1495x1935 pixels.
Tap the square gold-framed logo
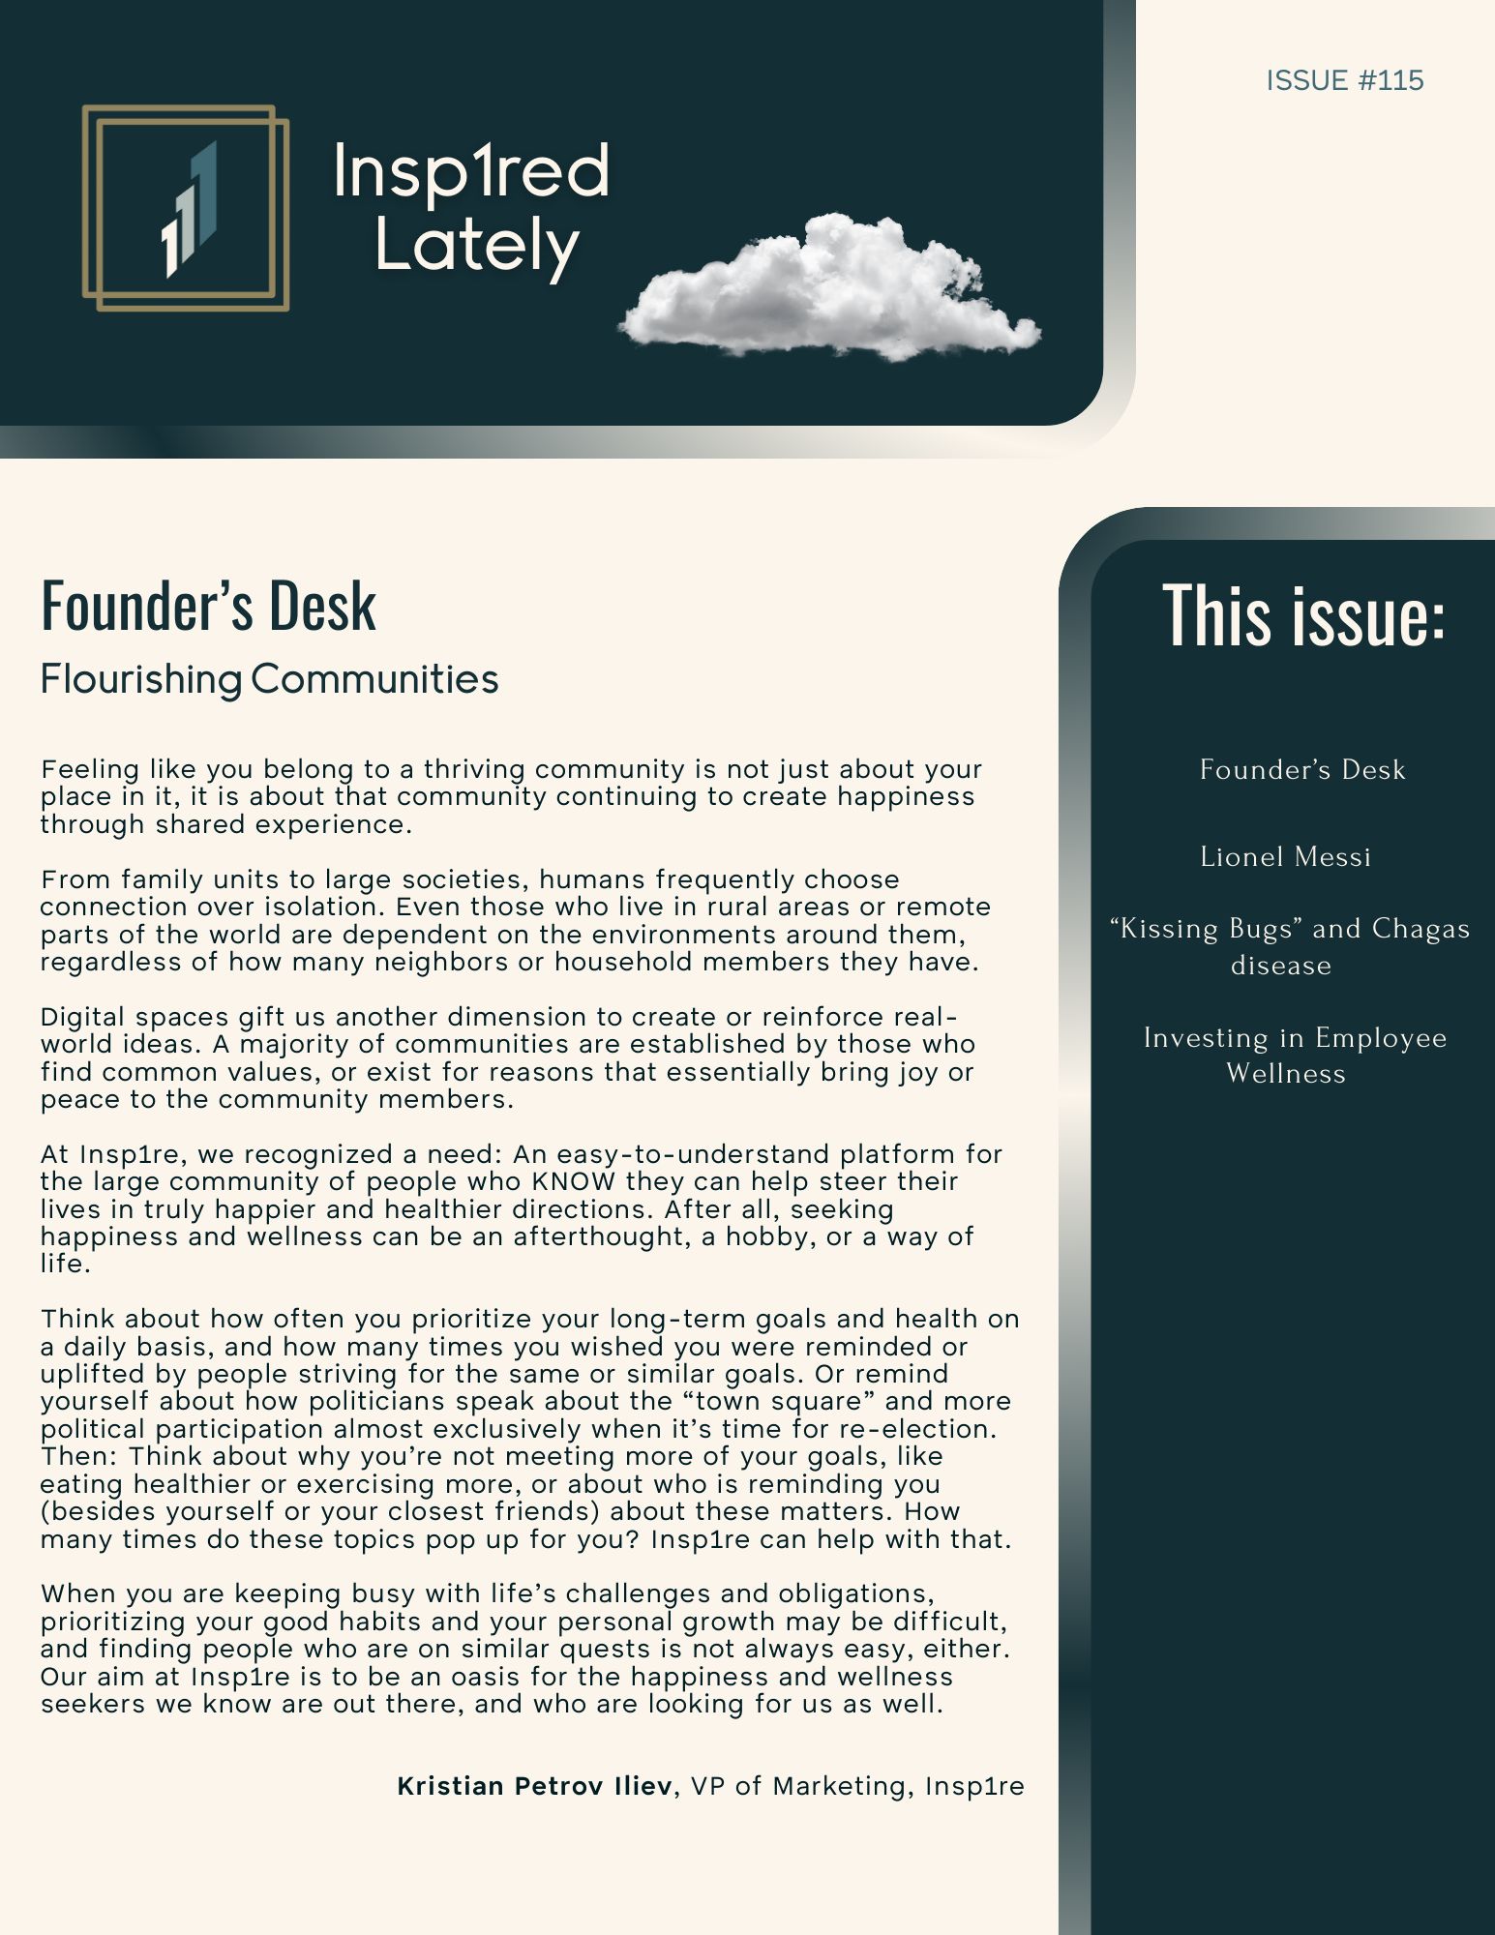[x=186, y=208]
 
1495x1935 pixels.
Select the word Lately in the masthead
[x=476, y=246]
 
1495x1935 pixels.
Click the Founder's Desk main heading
[x=208, y=607]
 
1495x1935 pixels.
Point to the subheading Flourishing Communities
[x=269, y=679]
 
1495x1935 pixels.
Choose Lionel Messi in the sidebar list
[x=1285, y=857]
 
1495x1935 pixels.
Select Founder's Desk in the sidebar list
[x=1301, y=770]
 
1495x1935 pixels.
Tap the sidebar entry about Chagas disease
[x=1289, y=946]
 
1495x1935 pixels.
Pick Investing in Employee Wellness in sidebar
[x=1294, y=1056]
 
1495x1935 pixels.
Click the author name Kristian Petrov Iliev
[x=534, y=1786]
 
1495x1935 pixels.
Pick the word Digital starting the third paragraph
[x=83, y=1017]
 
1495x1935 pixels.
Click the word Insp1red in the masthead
[x=471, y=171]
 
